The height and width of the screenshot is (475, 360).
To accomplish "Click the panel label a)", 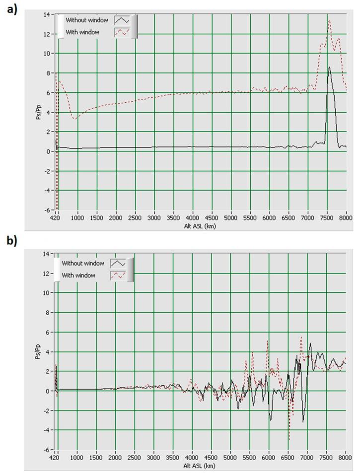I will pyautogui.click(x=11, y=9).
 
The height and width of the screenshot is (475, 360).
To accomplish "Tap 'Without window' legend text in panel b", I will pyautogui.click(x=83, y=263).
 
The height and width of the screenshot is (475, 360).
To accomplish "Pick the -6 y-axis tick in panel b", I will pyautogui.click(x=47, y=450).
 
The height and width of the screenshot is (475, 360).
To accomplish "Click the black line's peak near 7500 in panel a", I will pyautogui.click(x=329, y=67).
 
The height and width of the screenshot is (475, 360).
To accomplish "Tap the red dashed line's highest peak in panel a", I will pyautogui.click(x=329, y=20).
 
